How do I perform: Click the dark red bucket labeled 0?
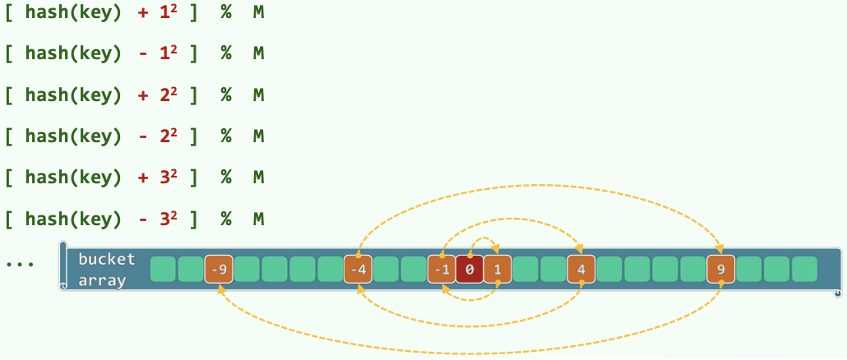tap(470, 270)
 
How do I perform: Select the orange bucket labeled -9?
tap(218, 270)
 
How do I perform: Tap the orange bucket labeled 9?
tap(721, 270)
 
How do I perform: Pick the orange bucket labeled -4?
tap(358, 270)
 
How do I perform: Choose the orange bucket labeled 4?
tap(581, 270)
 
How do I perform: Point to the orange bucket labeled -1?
tap(442, 270)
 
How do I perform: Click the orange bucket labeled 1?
tap(498, 270)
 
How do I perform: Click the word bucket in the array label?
tap(106, 259)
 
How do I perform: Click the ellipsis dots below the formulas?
tap(19, 265)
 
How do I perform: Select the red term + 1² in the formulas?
tap(158, 12)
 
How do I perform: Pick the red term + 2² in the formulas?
tap(158, 95)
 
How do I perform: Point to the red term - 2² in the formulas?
tap(158, 136)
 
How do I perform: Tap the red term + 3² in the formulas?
tap(158, 177)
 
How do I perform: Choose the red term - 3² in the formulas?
tap(158, 219)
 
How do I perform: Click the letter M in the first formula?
tap(258, 12)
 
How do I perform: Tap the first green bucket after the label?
tap(163, 270)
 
